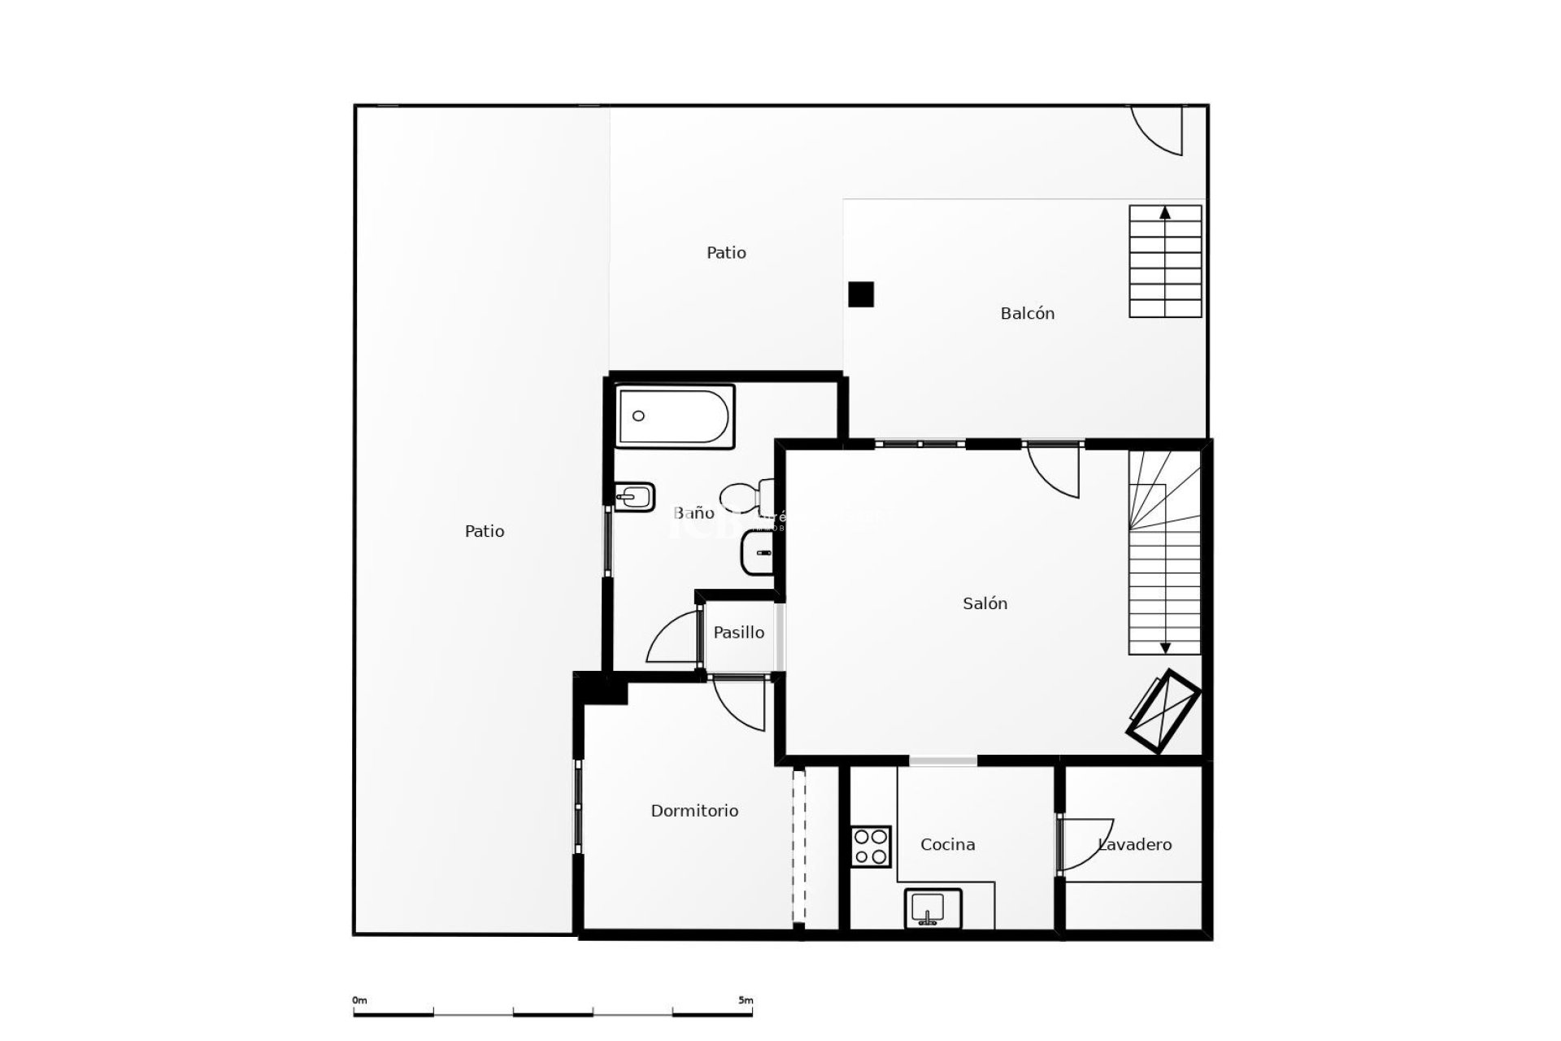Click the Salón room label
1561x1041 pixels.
pos(985,603)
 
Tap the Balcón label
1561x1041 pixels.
pos(1027,313)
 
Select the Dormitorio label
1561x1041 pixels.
pos(694,811)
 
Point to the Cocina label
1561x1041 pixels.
pos(947,845)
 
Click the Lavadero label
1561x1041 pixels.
pos(1135,845)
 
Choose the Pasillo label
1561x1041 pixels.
pos(738,632)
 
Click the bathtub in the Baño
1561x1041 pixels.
pos(675,416)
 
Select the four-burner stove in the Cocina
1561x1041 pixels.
pos(871,847)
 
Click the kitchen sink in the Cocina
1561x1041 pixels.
pos(933,908)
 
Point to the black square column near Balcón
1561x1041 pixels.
pos(860,294)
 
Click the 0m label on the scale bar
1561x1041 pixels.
pos(359,1000)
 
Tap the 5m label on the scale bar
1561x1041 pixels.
pos(745,1000)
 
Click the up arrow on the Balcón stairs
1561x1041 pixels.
pos(1165,213)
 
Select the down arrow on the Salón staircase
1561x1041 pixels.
pos(1165,647)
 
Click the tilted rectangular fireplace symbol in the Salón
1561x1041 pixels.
pos(1163,712)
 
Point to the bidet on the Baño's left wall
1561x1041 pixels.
pos(634,497)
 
